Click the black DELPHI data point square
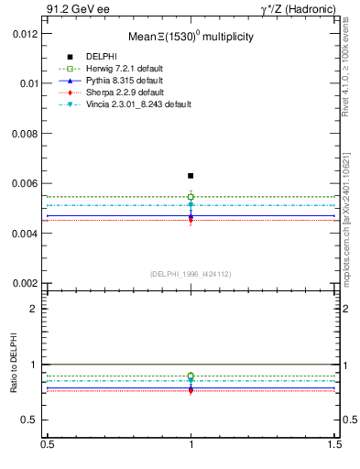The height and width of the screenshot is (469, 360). click(191, 175)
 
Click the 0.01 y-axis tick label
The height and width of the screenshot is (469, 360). click(30, 83)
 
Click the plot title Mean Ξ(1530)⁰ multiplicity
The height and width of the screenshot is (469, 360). click(190, 37)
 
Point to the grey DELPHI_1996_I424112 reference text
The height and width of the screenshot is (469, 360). click(190, 274)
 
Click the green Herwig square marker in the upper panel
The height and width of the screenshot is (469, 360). click(191, 197)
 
